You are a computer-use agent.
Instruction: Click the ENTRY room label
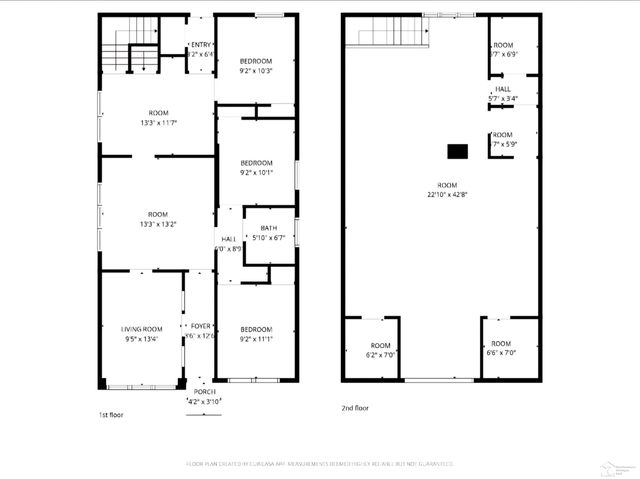click(200, 45)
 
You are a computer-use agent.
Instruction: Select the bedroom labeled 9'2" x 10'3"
click(256, 66)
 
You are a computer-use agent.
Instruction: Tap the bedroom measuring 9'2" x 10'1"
click(256, 167)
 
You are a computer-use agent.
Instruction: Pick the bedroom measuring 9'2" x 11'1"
click(256, 334)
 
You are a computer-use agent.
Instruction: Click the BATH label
click(268, 229)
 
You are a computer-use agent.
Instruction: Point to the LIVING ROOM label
click(142, 329)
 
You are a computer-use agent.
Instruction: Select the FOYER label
click(201, 326)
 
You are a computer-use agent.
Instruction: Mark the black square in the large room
click(457, 151)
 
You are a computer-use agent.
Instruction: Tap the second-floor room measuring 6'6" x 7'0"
click(500, 349)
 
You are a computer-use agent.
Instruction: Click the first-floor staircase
click(134, 45)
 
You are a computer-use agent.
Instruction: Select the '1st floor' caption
click(112, 413)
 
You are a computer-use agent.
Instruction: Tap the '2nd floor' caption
click(355, 408)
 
